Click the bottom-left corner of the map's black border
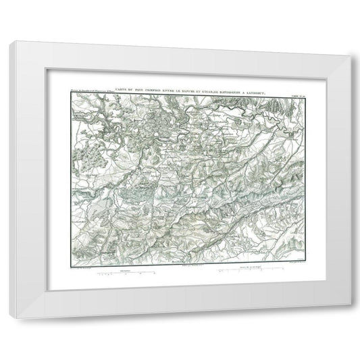[x=70, y=266]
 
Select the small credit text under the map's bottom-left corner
[x=84, y=269]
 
